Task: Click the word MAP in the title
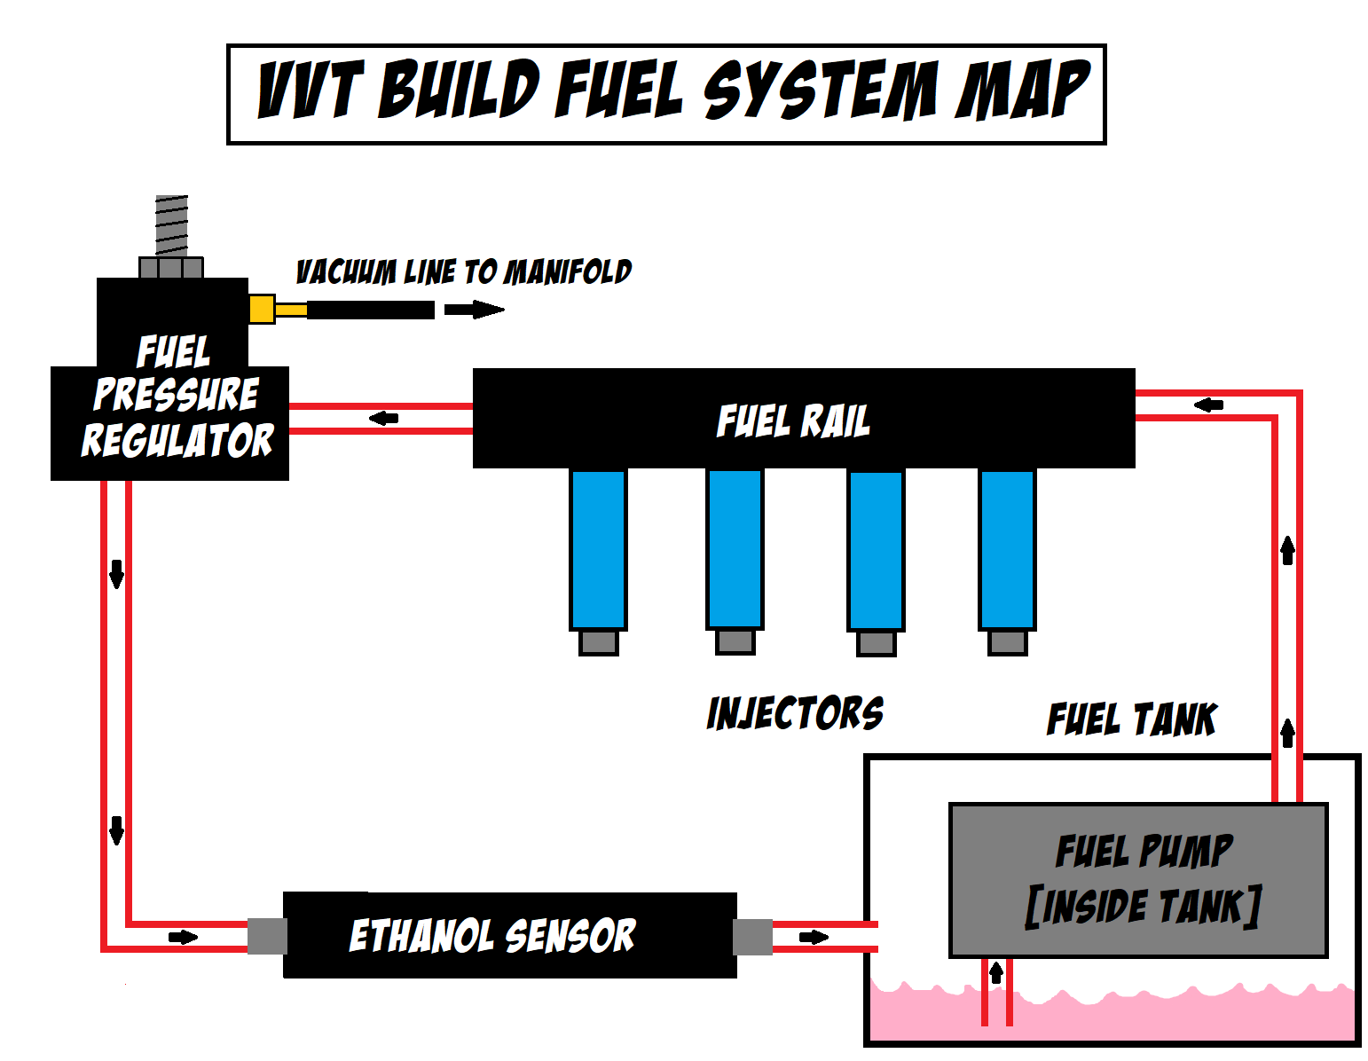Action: tap(1022, 90)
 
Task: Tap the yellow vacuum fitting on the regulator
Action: tap(262, 309)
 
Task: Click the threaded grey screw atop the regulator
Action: tap(171, 225)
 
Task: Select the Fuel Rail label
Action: tap(793, 420)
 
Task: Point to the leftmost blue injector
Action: tap(598, 549)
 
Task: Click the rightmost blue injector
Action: tap(1007, 549)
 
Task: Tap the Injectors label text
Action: tap(795, 713)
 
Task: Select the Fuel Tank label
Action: tap(1131, 719)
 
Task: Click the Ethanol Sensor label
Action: tap(492, 936)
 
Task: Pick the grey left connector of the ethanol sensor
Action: tap(267, 937)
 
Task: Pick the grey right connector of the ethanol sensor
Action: tap(753, 937)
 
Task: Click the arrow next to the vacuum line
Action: tap(474, 310)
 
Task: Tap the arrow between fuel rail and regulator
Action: tap(383, 418)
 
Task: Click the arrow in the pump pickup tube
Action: tap(996, 973)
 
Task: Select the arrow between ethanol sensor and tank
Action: tap(814, 937)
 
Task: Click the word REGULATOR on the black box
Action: tap(177, 440)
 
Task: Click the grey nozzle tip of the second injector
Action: tap(735, 641)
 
